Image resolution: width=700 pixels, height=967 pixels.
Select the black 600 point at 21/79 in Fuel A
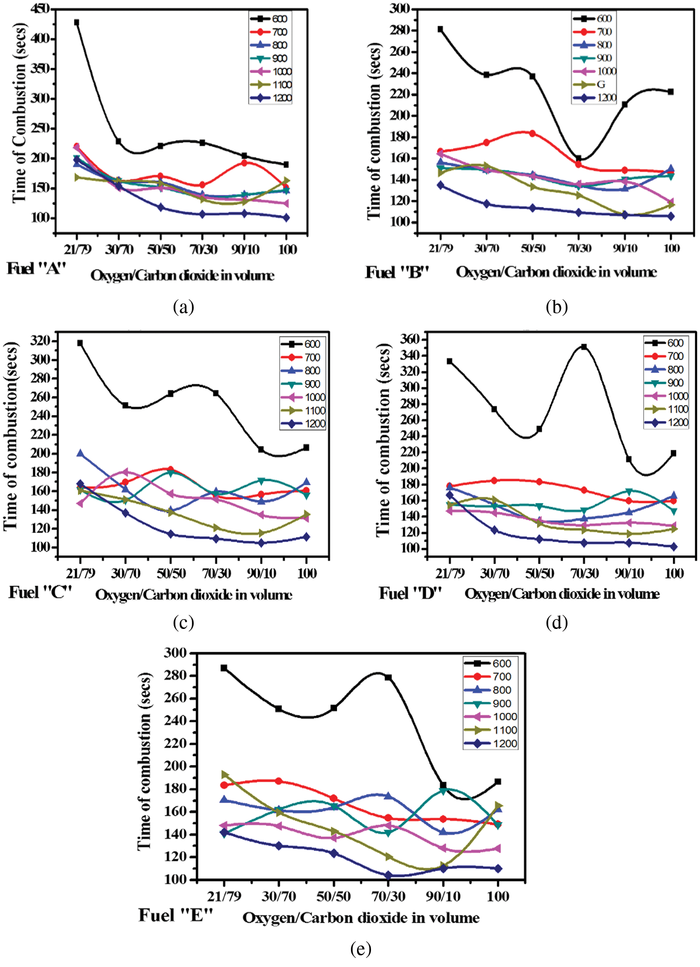[x=77, y=22]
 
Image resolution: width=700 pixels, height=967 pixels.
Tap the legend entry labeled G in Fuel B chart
[x=601, y=85]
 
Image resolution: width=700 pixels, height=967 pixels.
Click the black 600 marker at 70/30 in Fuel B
[x=579, y=159]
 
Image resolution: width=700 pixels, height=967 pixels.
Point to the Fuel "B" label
[x=397, y=272]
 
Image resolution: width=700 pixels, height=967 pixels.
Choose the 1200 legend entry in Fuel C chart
[x=315, y=424]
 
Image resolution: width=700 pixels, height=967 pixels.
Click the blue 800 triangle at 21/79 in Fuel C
[x=80, y=453]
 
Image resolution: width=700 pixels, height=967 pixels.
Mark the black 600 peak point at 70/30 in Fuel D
[x=584, y=347]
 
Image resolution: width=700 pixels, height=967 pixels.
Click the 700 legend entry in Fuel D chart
[x=675, y=356]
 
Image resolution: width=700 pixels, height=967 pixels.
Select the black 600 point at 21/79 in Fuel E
[x=224, y=668]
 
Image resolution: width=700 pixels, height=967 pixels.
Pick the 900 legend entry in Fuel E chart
[x=502, y=704]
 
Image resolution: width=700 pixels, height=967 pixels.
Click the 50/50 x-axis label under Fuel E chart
[x=334, y=896]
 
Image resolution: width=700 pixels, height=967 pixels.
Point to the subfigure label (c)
[x=183, y=622]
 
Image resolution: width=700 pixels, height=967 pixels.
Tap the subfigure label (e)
[x=360, y=948]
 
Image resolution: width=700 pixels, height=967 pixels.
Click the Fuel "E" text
[x=175, y=915]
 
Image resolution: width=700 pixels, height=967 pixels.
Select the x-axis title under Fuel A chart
[x=182, y=275]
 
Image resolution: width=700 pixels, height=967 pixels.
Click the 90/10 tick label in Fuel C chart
[x=261, y=573]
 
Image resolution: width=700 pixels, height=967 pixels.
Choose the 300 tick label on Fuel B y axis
[x=400, y=8]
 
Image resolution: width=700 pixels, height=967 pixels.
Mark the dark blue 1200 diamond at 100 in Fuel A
[x=286, y=218]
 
